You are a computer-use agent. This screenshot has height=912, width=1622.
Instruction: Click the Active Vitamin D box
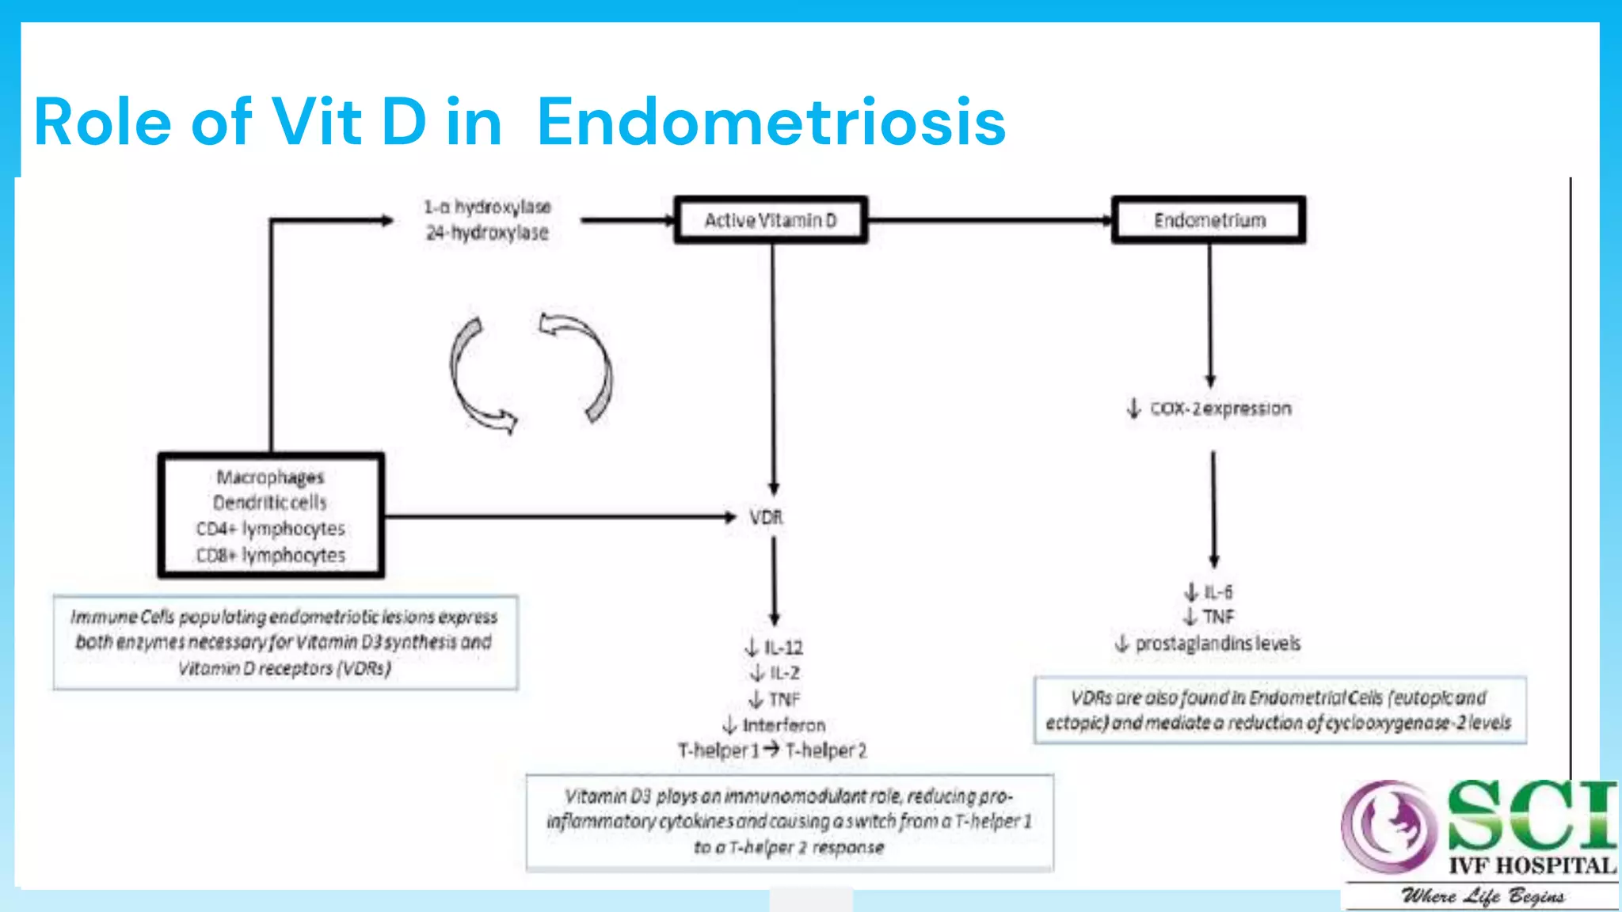pos(771,220)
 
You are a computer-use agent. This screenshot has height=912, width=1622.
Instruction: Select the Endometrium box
pos(1209,220)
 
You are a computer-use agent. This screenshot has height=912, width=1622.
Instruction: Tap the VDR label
pos(766,517)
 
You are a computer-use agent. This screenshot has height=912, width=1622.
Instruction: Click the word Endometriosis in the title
pos(771,122)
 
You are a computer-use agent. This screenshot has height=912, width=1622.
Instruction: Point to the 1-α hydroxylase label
pos(487,207)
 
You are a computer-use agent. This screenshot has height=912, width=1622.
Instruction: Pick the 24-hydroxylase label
pos(487,233)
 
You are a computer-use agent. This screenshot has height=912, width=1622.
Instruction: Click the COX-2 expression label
pos(1220,408)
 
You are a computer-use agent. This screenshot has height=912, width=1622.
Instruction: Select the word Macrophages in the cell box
pos(270,477)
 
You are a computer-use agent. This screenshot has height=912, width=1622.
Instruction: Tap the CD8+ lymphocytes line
pos(271,555)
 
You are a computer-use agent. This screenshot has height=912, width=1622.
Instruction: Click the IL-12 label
pos(782,648)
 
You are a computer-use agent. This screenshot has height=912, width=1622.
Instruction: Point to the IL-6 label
pos(1217,592)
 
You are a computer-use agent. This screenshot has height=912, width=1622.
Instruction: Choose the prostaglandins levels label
pos(1217,644)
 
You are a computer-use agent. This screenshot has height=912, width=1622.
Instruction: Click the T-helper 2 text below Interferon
pos(826,750)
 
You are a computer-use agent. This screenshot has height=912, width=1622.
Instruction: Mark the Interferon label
pos(783,725)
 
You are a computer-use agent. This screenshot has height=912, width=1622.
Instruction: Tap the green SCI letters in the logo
pos(1532,815)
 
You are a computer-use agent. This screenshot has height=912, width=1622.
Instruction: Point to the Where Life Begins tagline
pos(1483,896)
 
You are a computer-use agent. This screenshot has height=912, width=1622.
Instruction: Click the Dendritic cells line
pos(270,503)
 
